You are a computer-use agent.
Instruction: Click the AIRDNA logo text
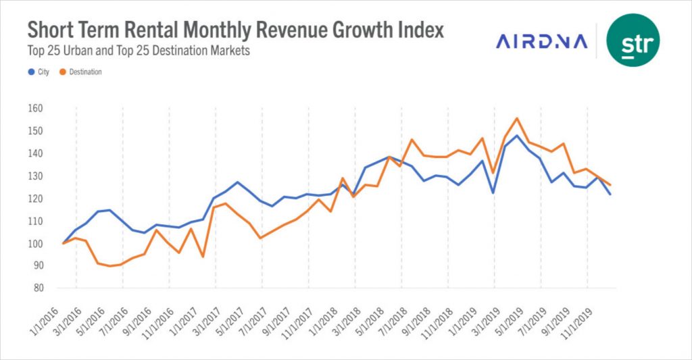click(542, 42)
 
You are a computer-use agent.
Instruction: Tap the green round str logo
click(633, 41)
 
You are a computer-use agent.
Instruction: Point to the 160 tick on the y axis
click(36, 109)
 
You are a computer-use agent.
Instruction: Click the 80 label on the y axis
click(39, 288)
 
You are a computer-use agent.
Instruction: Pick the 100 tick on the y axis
click(36, 244)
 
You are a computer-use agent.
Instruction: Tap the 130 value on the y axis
click(36, 176)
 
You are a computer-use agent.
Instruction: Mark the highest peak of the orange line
click(517, 119)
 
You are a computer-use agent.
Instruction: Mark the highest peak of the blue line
click(517, 136)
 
